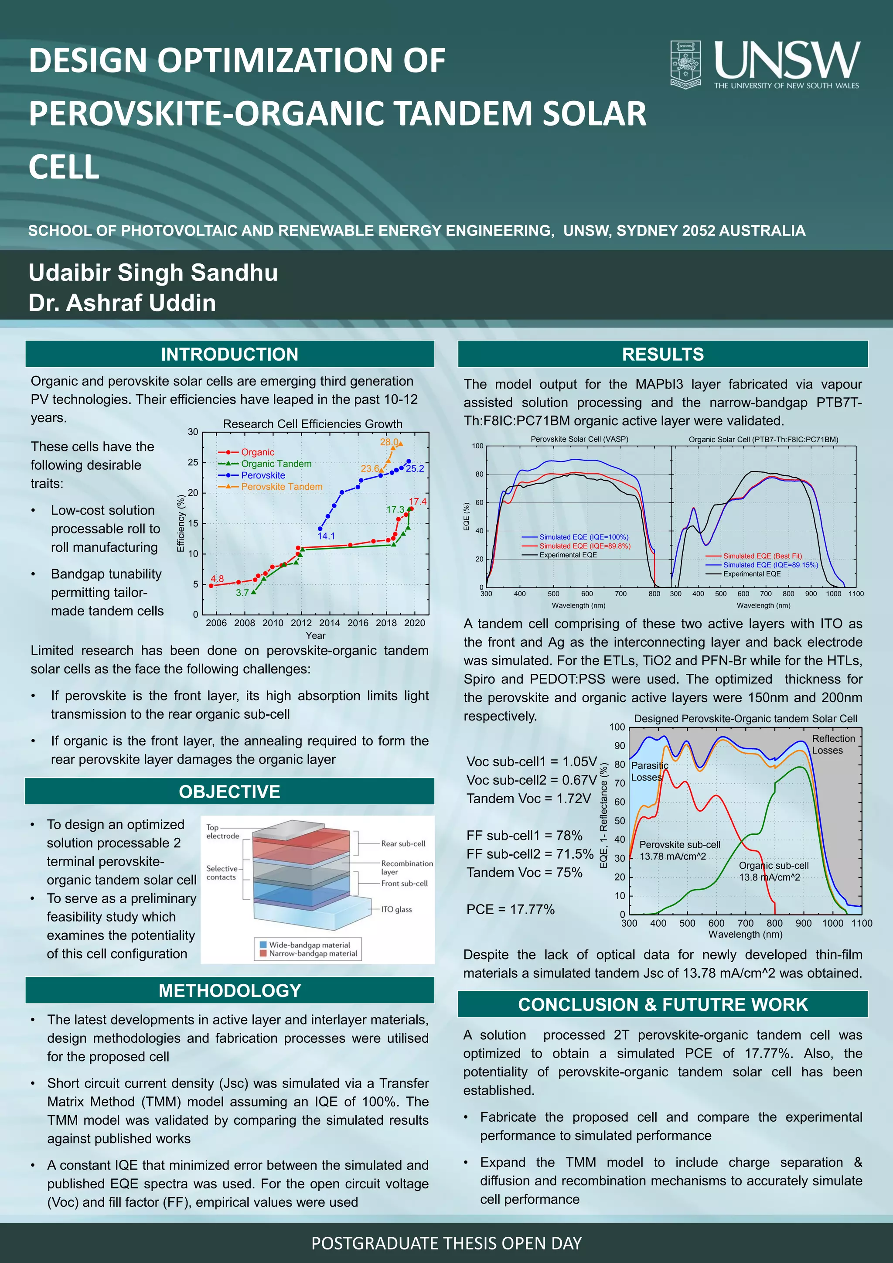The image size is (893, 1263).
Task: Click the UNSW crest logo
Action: click(685, 63)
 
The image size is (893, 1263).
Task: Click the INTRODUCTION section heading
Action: click(229, 354)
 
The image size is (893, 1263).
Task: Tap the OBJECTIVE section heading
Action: click(229, 792)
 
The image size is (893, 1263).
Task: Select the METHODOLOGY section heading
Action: click(229, 990)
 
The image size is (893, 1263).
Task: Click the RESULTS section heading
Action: click(663, 354)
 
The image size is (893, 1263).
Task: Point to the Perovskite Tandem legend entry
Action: click(281, 487)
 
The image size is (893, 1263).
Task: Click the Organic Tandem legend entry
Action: click(276, 464)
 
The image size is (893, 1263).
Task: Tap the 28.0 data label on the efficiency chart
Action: click(389, 442)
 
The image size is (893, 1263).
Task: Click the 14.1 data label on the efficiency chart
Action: click(326, 536)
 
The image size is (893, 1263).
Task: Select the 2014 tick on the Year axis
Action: click(329, 623)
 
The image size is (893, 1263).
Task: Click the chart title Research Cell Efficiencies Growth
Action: click(312, 424)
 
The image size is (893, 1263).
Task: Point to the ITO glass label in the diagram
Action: click(396, 909)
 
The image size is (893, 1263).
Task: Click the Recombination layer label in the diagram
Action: click(406, 867)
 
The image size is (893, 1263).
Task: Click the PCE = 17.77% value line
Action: click(510, 909)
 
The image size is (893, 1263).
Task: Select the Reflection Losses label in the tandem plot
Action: click(833, 744)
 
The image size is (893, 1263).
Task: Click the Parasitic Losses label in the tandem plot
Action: click(649, 771)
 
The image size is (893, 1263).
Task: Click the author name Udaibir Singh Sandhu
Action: click(153, 273)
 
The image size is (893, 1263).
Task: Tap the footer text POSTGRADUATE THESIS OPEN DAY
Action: click(446, 1243)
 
